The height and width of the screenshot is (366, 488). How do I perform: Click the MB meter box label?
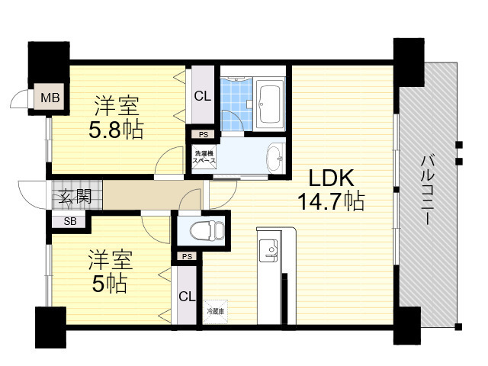50,98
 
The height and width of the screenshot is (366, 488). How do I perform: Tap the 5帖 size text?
107,284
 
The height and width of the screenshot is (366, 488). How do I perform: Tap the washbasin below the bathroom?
274,159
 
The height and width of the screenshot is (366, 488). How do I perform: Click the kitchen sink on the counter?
269,249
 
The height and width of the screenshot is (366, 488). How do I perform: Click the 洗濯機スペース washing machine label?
203,158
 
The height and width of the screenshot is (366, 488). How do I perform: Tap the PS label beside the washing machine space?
203,135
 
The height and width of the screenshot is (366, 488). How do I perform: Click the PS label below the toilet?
187,257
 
